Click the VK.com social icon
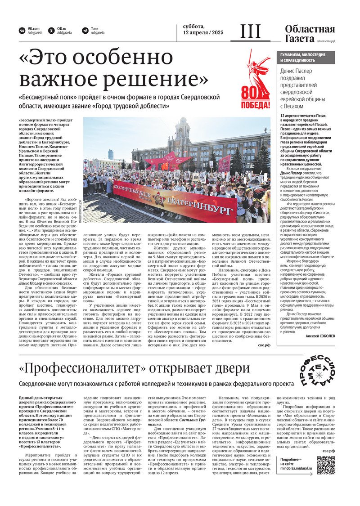point(22,31)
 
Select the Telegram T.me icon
point(85,31)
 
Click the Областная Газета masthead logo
point(310,34)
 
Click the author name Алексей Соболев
point(319,336)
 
